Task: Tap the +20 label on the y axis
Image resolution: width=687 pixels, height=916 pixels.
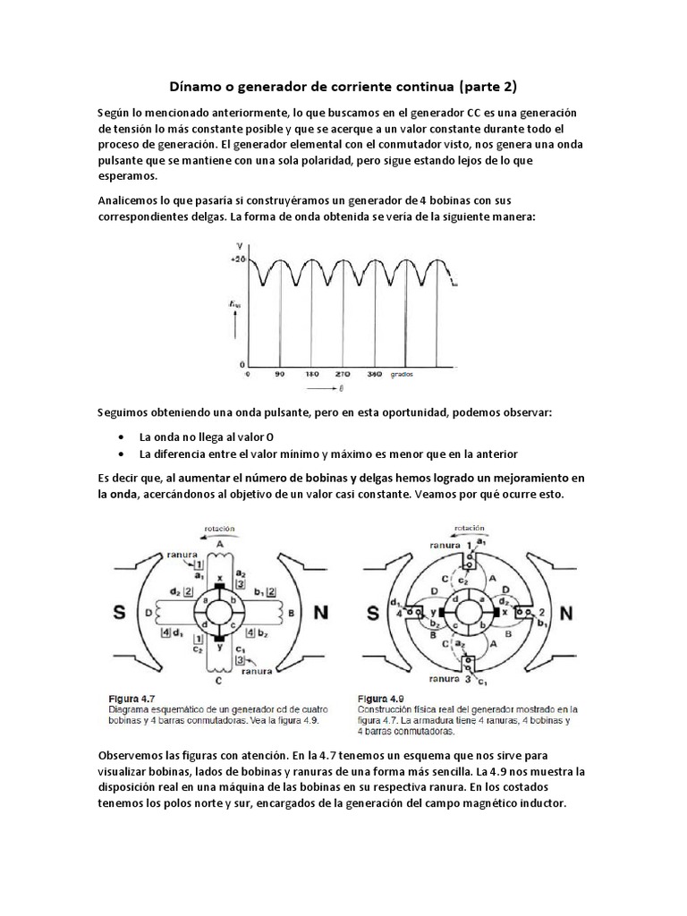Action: click(238, 259)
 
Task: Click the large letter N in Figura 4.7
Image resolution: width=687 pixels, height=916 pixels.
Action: click(321, 614)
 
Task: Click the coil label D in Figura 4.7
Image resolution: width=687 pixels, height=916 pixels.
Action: click(147, 614)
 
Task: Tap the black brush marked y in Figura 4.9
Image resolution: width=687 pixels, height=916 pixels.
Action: click(427, 615)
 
